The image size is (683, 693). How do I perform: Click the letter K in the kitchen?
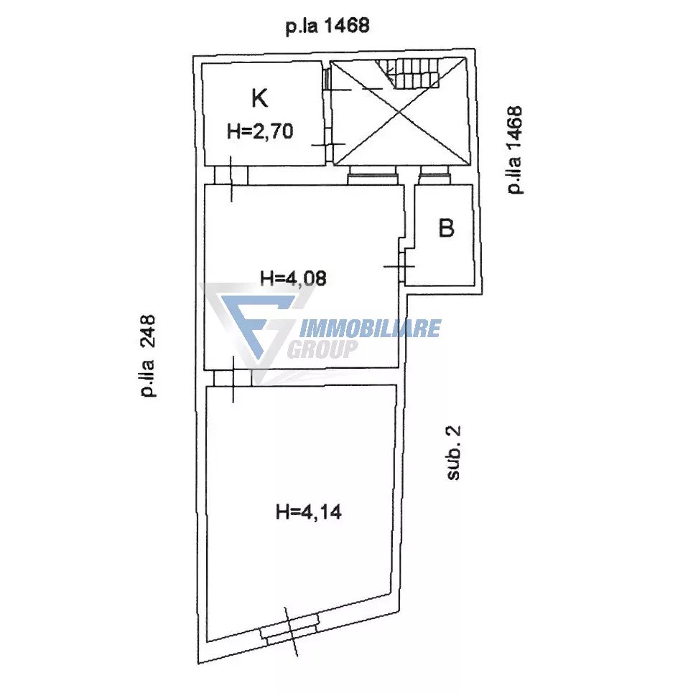coord(260,98)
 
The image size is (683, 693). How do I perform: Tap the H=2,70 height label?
coord(260,131)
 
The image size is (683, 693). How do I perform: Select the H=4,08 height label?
coord(293,278)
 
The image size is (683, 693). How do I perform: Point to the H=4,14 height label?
coord(309,512)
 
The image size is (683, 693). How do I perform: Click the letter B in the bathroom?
coord(446,228)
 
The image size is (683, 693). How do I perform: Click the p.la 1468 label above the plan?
coord(327,26)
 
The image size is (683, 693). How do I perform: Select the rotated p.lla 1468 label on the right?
coord(514,150)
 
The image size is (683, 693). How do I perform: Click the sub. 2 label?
coord(453,453)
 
